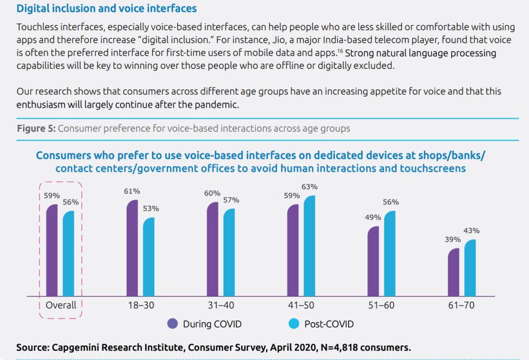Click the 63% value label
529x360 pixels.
pyautogui.click(x=309, y=187)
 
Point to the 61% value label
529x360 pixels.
pyautogui.click(x=132, y=191)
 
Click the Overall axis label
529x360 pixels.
pyautogui.click(x=61, y=305)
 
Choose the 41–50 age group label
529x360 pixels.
pyautogui.click(x=302, y=305)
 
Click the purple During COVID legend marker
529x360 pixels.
pyautogui.click(x=172, y=324)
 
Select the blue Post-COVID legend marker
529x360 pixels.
pyautogui.click(x=293, y=324)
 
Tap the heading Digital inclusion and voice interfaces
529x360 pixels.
pyautogui.click(x=106, y=9)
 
